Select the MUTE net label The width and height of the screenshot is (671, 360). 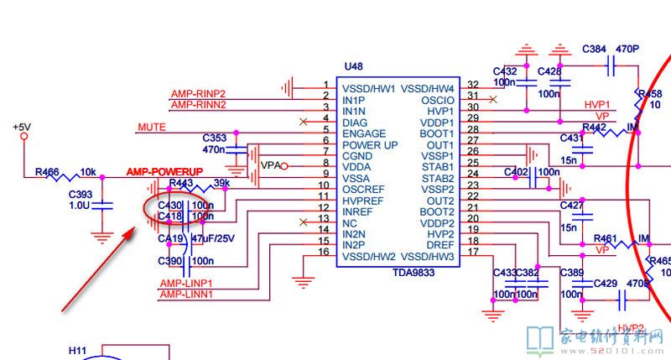[x=151, y=127]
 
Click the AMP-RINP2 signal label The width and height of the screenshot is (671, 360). [x=198, y=93]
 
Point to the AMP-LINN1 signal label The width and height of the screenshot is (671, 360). [x=186, y=295]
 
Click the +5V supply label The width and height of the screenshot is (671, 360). [x=21, y=127]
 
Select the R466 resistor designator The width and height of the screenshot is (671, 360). [x=47, y=172]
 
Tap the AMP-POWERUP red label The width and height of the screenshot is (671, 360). [x=165, y=171]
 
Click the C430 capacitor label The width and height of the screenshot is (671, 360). [x=170, y=205]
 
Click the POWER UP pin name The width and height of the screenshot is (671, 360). [x=370, y=145]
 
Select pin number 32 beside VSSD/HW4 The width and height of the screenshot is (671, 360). [x=474, y=86]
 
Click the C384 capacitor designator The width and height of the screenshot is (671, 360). [x=594, y=50]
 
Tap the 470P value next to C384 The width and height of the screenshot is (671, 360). [x=627, y=50]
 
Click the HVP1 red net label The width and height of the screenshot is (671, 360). [x=597, y=104]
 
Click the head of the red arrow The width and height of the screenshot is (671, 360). [x=131, y=229]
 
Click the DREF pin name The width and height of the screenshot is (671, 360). [x=440, y=244]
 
